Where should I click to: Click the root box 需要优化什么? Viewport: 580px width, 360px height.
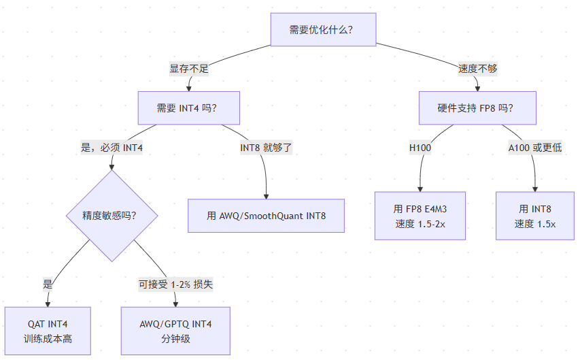(x=323, y=30)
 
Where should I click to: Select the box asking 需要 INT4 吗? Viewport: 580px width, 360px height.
(x=188, y=108)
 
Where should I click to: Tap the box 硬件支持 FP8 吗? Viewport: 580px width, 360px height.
(x=477, y=108)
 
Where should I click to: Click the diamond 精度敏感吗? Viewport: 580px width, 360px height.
(x=112, y=216)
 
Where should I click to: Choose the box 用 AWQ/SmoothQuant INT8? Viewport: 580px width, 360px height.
(x=266, y=216)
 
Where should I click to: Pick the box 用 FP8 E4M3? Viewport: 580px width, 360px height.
(x=420, y=216)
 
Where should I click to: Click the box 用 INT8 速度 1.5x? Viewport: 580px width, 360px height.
(x=535, y=216)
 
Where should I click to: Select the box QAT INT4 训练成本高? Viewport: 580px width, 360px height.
(x=48, y=331)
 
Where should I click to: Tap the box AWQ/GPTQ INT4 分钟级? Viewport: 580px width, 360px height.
(x=175, y=331)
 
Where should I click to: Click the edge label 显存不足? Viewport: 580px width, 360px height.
(x=189, y=69)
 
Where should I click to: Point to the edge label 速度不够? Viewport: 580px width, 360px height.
(x=477, y=69)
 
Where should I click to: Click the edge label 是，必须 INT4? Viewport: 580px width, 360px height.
(x=112, y=148)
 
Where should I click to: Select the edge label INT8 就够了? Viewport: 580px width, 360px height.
(x=266, y=148)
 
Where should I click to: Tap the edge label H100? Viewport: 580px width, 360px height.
(x=420, y=148)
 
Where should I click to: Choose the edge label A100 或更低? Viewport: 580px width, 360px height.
(x=535, y=148)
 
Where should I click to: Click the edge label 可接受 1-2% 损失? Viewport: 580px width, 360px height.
(x=175, y=284)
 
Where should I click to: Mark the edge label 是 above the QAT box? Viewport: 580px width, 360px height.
(x=48, y=284)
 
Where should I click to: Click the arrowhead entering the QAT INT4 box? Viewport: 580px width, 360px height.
(x=48, y=304)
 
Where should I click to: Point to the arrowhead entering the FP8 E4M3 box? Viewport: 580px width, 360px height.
(x=420, y=189)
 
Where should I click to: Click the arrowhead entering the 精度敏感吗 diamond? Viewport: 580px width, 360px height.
(x=112, y=167)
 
